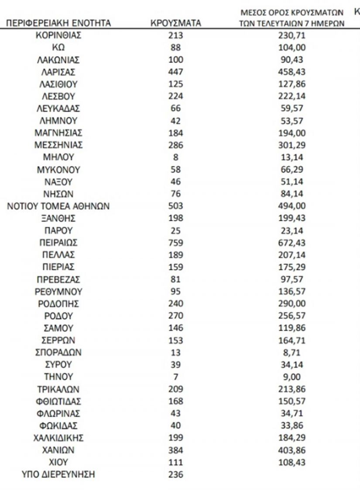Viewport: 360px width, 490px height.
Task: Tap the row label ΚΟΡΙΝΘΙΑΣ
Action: (x=58, y=35)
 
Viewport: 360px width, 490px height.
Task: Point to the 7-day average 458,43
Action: (x=291, y=71)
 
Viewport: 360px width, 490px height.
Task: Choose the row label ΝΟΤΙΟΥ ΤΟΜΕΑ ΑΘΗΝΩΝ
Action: (x=58, y=206)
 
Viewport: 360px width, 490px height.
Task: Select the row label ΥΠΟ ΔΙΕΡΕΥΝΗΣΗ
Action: (x=58, y=475)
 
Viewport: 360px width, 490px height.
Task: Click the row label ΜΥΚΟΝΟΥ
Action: (x=58, y=169)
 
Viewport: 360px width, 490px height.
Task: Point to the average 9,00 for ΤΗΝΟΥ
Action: (x=291, y=377)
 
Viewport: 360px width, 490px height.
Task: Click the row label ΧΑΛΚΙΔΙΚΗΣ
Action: (x=58, y=438)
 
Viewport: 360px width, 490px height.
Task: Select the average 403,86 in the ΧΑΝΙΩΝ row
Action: (x=291, y=450)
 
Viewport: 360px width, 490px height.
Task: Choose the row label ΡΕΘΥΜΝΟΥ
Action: (x=58, y=291)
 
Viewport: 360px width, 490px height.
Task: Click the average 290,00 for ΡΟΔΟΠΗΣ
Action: (x=291, y=303)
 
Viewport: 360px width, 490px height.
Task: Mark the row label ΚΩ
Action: (x=58, y=48)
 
